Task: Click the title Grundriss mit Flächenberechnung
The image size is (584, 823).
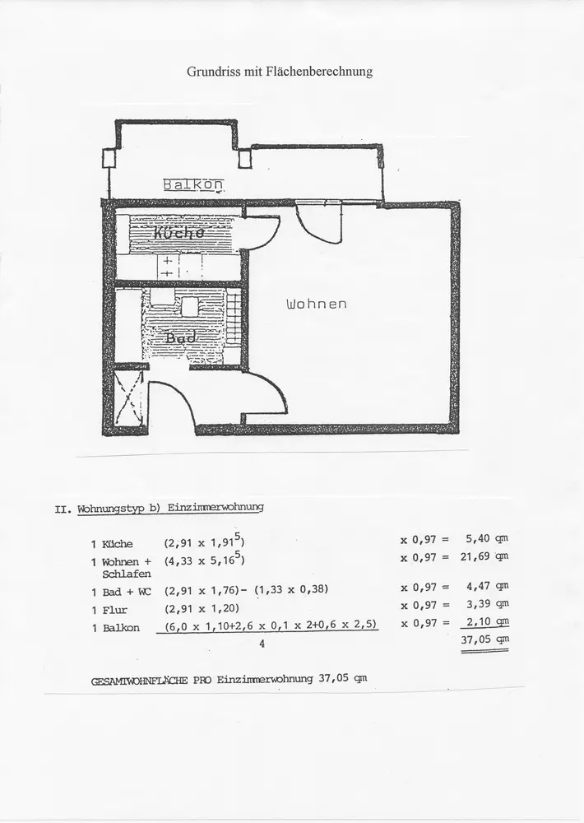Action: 279,72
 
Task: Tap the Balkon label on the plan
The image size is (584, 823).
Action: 193,184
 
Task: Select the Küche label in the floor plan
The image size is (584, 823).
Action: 178,233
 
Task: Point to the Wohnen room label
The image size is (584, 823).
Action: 316,304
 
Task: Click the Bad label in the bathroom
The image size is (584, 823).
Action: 180,337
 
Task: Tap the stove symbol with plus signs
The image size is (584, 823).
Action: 167,267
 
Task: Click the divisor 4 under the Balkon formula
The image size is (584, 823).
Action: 262,644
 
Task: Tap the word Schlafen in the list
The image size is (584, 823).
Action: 126,574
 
